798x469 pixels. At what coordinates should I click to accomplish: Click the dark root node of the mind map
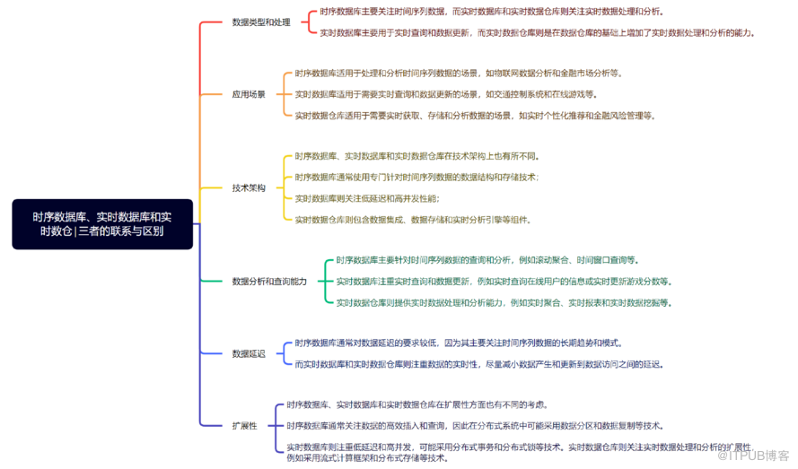point(102,224)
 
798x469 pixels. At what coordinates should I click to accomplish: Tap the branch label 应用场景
point(249,93)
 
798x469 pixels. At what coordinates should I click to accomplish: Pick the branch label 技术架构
point(249,188)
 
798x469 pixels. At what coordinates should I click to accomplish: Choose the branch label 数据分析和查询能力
point(269,281)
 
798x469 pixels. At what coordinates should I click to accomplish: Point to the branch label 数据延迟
point(249,353)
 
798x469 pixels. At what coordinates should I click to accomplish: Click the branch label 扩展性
point(245,426)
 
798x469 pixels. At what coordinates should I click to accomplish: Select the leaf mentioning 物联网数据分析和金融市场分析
point(458,74)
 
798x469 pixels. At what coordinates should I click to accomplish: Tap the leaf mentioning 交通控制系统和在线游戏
point(445,94)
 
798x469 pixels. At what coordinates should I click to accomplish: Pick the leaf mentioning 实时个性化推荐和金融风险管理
point(476,115)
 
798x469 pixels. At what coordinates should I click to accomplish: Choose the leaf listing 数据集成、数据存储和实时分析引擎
point(413,219)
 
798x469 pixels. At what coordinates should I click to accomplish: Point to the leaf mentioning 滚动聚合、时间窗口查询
point(487,260)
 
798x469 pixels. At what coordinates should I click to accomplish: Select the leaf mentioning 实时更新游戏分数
point(504,281)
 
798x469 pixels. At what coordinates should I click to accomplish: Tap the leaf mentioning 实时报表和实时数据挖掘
point(504,302)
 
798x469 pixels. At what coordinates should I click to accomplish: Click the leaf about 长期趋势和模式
point(458,343)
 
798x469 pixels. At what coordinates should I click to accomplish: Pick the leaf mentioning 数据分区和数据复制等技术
point(475,426)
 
